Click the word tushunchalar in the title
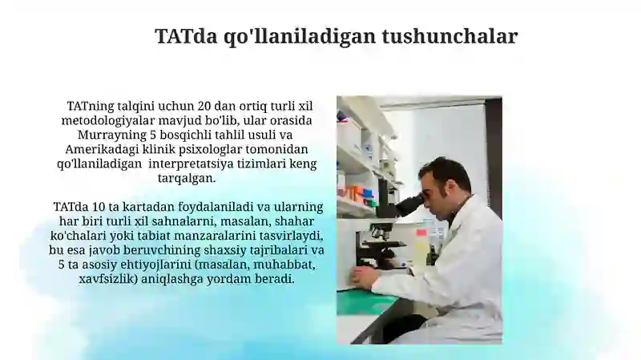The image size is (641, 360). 450,36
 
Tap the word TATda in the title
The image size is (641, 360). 186,36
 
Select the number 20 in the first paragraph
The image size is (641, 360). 204,106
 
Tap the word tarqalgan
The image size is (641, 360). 187,178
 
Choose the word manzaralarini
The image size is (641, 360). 216,236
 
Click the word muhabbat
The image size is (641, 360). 284,265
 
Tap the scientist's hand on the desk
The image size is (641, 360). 362,276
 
